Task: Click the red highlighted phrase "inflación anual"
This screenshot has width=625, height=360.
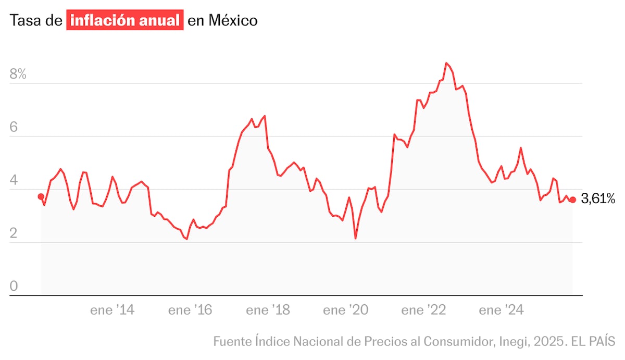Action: pos(125,21)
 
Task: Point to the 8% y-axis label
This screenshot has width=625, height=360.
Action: pos(18,74)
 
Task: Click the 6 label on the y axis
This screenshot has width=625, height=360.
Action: pos(14,128)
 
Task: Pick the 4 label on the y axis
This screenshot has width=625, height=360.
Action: pos(14,181)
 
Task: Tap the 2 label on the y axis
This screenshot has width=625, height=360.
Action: pos(14,234)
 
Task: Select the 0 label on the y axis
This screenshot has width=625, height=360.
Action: pos(14,287)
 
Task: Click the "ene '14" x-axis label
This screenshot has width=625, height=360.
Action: pos(113,311)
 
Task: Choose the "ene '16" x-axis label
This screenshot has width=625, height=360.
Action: pos(190,311)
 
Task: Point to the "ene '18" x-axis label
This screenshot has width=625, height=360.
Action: pos(268,311)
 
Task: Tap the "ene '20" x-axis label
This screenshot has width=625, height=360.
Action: pos(345,311)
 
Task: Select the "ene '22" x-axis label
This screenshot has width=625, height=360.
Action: pos(423,311)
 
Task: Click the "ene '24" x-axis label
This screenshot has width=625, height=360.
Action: pos(501,311)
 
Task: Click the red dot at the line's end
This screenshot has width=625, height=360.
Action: pos(573,200)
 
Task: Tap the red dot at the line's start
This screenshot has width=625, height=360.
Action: pos(41,196)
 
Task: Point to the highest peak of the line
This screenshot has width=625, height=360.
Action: pos(446,63)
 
